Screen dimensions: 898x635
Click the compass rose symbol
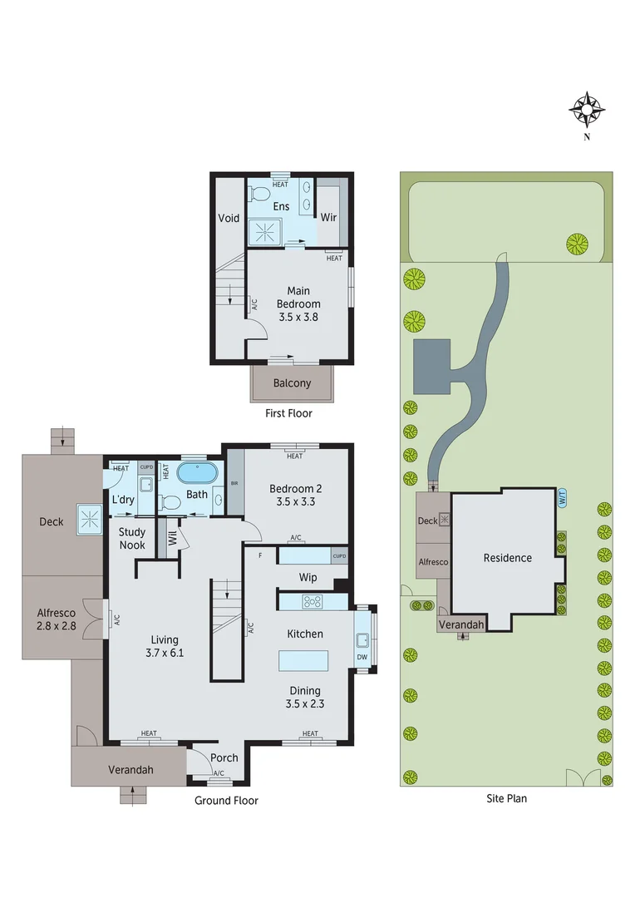click(587, 109)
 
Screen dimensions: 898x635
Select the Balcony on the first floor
click(292, 383)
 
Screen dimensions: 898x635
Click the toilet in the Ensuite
click(260, 195)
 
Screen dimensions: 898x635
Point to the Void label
click(229, 219)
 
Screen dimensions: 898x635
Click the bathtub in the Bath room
click(197, 473)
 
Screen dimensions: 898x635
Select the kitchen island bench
click(303, 661)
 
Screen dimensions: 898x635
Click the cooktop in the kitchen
click(313, 601)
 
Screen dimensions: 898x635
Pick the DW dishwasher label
click(362, 657)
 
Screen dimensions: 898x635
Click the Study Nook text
click(132, 539)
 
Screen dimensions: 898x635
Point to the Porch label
click(224, 757)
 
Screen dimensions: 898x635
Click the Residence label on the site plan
click(507, 558)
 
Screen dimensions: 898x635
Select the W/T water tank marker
click(562, 499)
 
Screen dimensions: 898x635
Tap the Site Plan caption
click(506, 798)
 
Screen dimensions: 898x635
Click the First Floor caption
click(288, 413)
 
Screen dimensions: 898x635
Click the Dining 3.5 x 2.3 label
click(305, 697)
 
